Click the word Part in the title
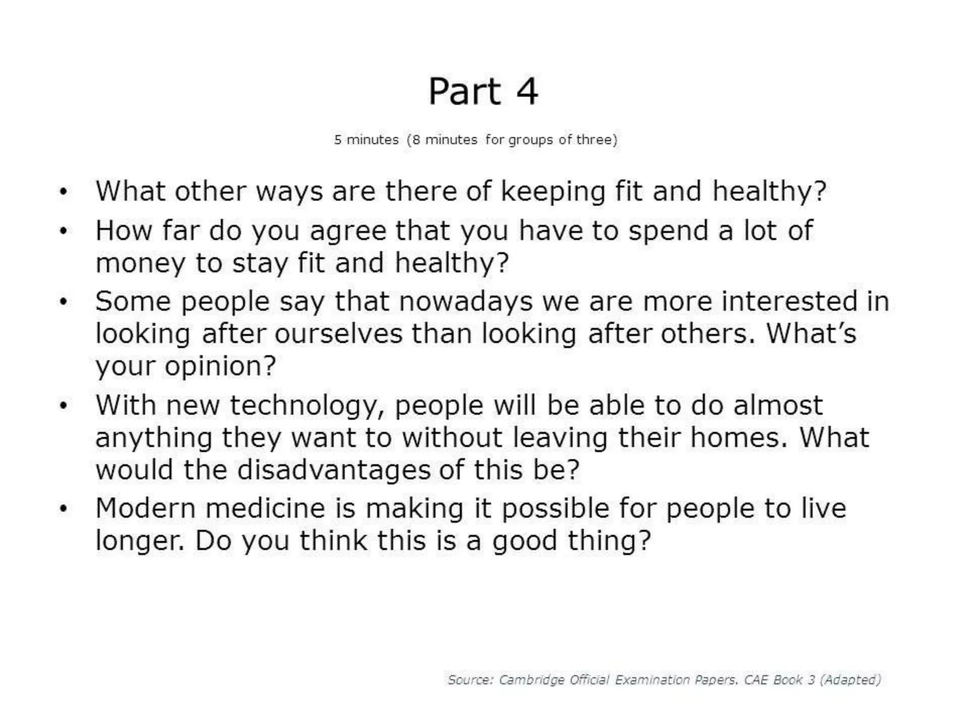pyautogui.click(x=464, y=91)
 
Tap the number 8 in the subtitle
pyautogui.click(x=416, y=140)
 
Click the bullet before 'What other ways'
pyautogui.click(x=63, y=192)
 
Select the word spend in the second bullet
pyautogui.click(x=668, y=231)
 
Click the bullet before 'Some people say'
pyautogui.click(x=63, y=302)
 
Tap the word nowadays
pyautogui.click(x=466, y=302)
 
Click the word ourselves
pyautogui.click(x=339, y=334)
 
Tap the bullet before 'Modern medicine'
pyautogui.click(x=63, y=509)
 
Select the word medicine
pyautogui.click(x=265, y=509)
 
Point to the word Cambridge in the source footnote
pyautogui.click(x=532, y=680)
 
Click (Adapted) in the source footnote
pyautogui.click(x=850, y=680)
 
